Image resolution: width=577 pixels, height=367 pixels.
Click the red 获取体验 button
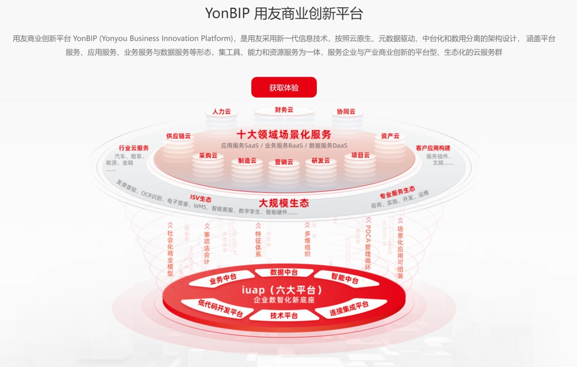point(284,88)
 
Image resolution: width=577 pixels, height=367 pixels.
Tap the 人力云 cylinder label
point(221,112)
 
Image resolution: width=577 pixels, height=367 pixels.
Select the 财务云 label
point(284,110)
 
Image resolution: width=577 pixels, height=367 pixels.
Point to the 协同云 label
point(346,112)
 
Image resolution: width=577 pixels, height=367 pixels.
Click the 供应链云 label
point(178,136)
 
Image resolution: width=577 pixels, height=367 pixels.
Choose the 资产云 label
point(390,136)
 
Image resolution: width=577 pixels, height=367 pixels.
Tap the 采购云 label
point(208,156)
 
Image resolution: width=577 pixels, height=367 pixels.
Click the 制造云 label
point(247,161)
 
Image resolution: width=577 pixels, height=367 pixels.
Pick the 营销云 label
point(284,163)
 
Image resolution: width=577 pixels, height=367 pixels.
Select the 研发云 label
point(320,161)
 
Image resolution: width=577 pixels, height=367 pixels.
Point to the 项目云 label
point(360,155)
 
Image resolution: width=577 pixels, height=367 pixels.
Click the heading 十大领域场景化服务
point(284,134)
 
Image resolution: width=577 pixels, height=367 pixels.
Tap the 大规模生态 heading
point(284,203)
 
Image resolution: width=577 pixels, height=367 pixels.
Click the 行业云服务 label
point(134,148)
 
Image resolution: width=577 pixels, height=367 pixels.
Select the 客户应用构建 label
point(433,148)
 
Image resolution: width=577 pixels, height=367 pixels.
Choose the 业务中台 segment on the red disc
point(223,279)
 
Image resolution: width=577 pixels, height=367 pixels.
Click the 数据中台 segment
point(284,272)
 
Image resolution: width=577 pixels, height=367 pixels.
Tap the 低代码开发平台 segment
point(213,309)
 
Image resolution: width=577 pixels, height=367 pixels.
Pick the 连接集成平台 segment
point(349,308)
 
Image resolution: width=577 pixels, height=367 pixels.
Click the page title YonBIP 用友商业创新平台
point(284,14)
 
